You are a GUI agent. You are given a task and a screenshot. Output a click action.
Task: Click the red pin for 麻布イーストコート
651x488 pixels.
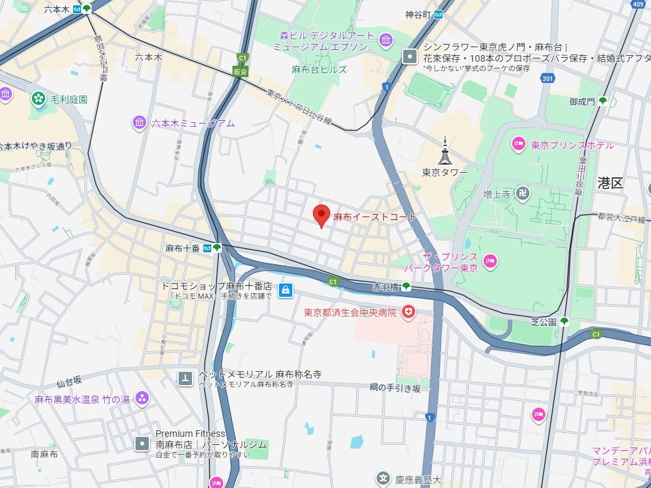point(322,214)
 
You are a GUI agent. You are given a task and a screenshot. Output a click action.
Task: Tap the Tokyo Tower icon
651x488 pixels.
point(445,151)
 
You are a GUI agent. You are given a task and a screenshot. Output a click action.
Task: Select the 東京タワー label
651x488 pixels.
point(444,172)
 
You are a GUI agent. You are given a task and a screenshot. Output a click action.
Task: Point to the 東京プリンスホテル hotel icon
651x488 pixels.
point(519,144)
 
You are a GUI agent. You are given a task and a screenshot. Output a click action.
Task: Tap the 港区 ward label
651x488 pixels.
point(610,183)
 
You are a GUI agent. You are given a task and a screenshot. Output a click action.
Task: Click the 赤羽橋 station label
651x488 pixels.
point(385,287)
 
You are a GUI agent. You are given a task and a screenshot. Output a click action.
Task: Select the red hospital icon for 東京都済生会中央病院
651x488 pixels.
point(409,311)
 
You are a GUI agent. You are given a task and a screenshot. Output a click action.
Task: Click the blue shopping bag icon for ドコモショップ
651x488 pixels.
point(285,289)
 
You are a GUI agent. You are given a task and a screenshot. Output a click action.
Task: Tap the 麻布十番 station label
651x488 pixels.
point(183,248)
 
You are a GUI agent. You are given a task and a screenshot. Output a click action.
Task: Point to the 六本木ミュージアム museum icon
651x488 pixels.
point(139,123)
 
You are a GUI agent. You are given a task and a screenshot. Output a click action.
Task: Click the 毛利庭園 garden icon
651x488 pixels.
point(39,100)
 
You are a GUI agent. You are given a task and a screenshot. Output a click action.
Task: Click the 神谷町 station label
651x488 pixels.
point(418,14)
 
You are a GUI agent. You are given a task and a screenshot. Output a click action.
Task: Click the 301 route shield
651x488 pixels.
point(547,79)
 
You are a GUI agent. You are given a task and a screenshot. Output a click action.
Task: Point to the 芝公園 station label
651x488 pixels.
point(543,321)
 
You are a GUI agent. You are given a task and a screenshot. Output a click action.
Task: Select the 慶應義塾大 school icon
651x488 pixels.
point(383,478)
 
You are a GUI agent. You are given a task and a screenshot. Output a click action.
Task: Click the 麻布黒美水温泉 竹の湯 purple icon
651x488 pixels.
point(141,398)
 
